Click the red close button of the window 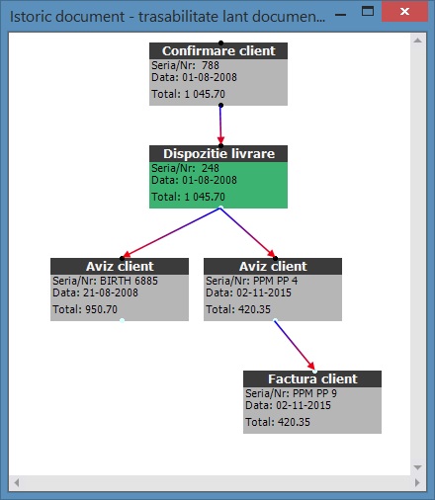(x=404, y=12)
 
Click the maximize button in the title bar (x=368, y=11)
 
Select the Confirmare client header (x=218, y=51)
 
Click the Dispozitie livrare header (x=218, y=154)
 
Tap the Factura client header (x=312, y=379)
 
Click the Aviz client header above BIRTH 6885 (x=120, y=267)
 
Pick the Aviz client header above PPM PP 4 (x=273, y=267)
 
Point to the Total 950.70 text (x=85, y=309)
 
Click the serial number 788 (x=211, y=65)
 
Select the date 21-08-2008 (x=111, y=292)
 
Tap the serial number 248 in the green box (x=211, y=168)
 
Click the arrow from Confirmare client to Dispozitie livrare (x=220, y=125)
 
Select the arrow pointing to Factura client (x=295, y=345)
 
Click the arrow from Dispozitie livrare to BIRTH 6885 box (x=171, y=232)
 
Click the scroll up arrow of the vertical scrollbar (x=417, y=41)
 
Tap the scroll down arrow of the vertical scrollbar (x=417, y=467)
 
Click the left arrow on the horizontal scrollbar (x=17, y=483)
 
